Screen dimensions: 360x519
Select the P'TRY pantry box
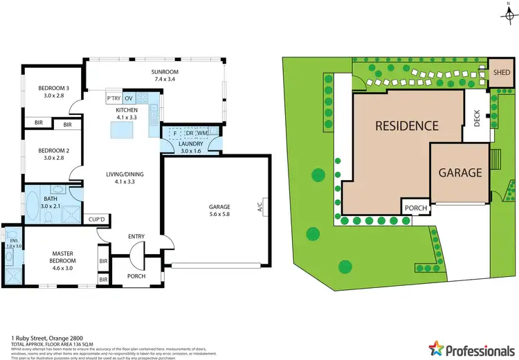tap(113, 100)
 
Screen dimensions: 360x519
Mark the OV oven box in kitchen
tap(129, 100)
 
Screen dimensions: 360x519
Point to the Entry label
tap(136, 237)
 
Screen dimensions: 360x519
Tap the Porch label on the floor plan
tap(136, 277)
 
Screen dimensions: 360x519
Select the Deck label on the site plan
tap(477, 120)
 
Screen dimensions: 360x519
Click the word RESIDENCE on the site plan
tap(407, 126)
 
